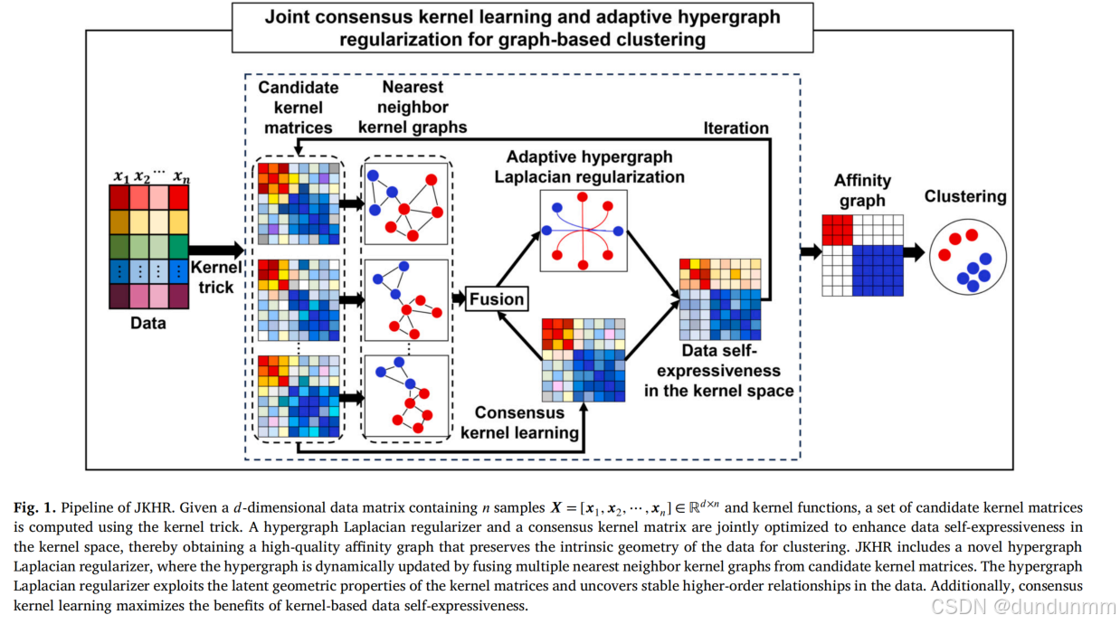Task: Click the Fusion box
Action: point(496,299)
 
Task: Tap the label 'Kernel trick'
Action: point(216,278)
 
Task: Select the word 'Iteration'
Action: point(736,128)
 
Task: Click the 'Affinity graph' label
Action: point(862,190)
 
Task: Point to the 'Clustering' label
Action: point(964,196)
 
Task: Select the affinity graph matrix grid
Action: point(862,255)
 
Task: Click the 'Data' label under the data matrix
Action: point(148,322)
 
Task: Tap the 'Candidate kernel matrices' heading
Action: point(299,107)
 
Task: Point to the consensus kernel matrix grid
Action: point(583,360)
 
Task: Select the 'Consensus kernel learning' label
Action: point(519,422)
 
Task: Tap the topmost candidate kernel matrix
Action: point(298,204)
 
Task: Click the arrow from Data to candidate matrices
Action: point(216,250)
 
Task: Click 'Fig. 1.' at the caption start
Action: point(33,508)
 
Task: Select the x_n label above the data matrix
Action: point(181,175)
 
